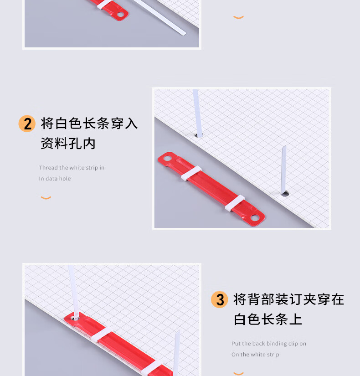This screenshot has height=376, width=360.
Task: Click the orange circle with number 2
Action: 27,124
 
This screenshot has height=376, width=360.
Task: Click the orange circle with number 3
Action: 220,299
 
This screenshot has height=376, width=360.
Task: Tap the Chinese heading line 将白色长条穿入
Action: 89,124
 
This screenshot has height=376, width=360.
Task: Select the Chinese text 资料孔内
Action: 68,144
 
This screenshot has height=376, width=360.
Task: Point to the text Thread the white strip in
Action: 72,168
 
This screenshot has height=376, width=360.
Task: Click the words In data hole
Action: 55,178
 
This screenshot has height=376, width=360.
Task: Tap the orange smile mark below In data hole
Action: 46,198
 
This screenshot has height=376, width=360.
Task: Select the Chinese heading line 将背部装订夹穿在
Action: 289,299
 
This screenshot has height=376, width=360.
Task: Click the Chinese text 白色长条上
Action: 268,319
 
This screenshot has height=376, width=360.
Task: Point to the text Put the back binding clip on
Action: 269,344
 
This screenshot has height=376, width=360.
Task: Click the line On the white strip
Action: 255,355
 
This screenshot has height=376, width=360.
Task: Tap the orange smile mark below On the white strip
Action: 238,373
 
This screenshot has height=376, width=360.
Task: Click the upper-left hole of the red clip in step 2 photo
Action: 167,159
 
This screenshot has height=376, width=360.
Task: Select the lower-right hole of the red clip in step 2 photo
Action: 255,218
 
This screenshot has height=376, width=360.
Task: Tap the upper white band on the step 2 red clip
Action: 191,173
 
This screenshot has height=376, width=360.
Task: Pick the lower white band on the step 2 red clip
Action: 235,203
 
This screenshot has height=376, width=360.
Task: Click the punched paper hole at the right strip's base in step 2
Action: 285,194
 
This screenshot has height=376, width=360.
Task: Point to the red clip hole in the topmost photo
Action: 121,15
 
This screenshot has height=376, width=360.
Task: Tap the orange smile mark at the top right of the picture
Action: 238,17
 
